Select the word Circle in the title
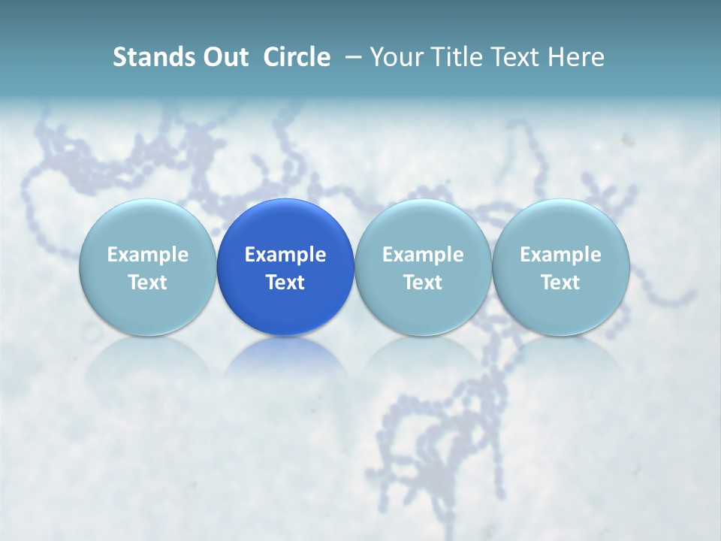[297, 57]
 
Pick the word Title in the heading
[458, 57]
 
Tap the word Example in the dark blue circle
[285, 255]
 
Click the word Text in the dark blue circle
[285, 283]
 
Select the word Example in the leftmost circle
[147, 255]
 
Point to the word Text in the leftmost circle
[147, 283]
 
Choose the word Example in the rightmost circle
[561, 255]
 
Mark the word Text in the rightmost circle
[561, 283]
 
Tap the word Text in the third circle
[423, 283]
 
